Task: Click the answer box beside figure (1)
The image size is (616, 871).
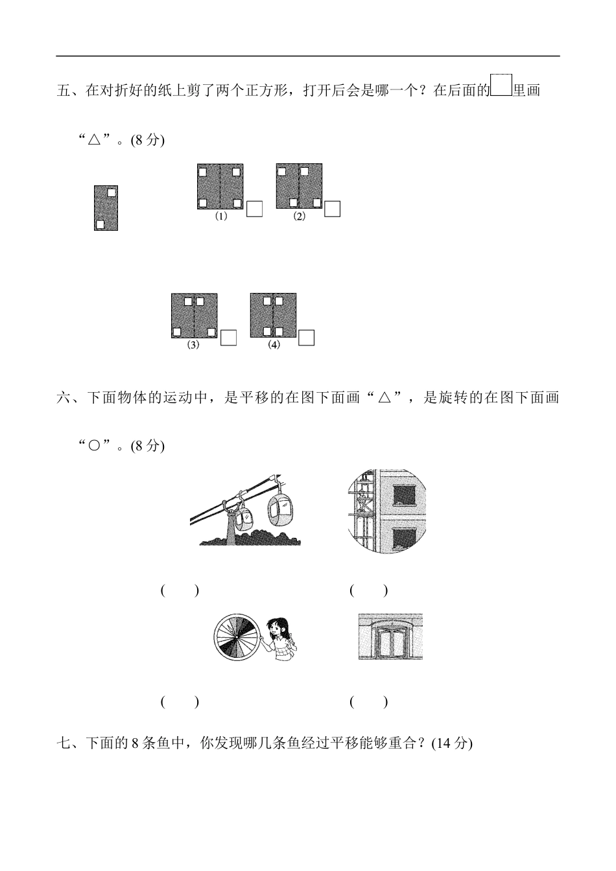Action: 255,209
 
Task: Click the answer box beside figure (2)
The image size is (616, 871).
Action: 333,209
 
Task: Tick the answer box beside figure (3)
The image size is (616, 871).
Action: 229,338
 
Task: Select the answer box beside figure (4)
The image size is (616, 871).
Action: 307,338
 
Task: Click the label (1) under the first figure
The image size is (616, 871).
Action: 221,217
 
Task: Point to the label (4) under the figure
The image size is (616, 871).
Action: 274,345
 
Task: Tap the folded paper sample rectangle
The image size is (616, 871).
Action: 106,208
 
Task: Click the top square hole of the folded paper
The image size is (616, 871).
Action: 112,192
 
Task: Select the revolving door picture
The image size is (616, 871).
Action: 390,637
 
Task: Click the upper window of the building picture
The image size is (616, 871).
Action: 403,495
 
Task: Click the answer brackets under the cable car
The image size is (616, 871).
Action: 180,590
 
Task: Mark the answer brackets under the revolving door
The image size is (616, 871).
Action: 369,701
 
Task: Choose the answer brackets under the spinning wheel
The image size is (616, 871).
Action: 180,701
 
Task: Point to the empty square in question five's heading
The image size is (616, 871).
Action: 501,86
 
